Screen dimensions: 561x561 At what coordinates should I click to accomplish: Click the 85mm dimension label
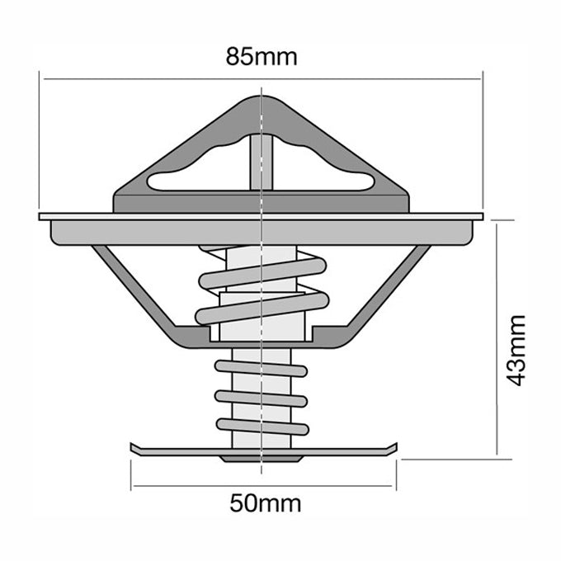click(x=261, y=58)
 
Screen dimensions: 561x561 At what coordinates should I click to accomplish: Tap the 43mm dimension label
click(x=517, y=350)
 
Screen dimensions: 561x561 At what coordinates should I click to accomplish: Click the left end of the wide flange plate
click(x=44, y=218)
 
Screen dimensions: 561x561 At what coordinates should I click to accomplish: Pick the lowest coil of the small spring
click(x=262, y=427)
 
